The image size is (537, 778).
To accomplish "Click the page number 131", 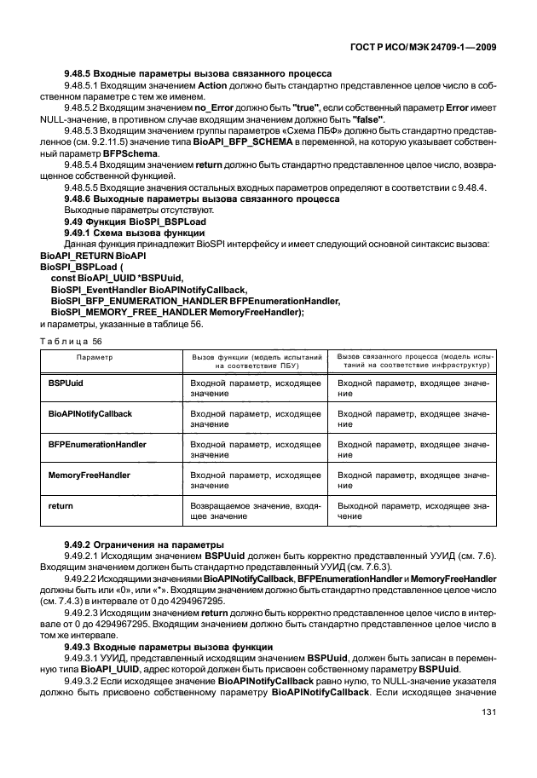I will [x=487, y=736].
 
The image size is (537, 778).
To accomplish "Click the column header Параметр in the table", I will [x=95, y=359].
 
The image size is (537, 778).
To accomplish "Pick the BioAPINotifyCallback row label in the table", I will [x=90, y=413].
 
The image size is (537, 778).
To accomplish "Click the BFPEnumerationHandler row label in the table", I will [x=97, y=444].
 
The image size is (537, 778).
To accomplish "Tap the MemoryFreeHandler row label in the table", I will [x=87, y=475].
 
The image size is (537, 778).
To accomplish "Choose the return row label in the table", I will [x=61, y=505].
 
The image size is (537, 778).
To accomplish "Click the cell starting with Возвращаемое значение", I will [x=255, y=510].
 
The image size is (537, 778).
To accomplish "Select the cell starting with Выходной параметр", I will [x=413, y=510].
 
